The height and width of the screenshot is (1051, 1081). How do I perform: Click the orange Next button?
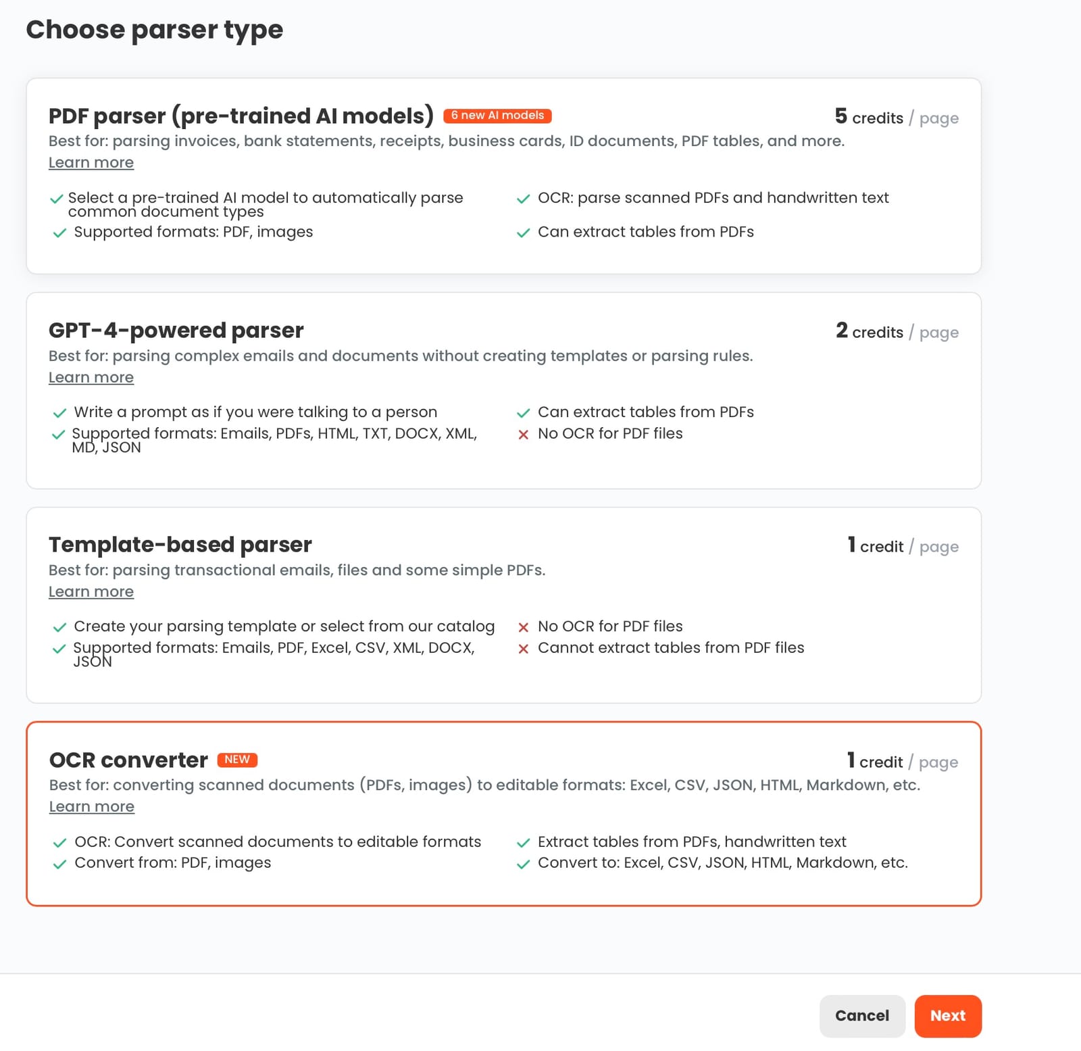(x=947, y=1015)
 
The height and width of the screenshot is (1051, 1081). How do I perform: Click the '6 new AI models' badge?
(x=497, y=116)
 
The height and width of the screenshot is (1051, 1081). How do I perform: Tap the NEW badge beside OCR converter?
(x=237, y=760)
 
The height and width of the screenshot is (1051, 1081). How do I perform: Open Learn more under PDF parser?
(x=91, y=163)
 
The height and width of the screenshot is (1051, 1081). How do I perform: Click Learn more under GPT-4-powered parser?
(x=91, y=377)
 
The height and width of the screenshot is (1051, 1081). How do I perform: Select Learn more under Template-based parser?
(x=91, y=591)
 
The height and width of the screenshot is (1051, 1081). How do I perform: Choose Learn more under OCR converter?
(x=92, y=806)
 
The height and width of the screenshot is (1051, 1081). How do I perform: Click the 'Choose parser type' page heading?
(x=155, y=30)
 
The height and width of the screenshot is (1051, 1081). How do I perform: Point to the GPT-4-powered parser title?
(x=176, y=331)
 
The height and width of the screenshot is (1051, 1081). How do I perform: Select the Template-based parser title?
(x=180, y=545)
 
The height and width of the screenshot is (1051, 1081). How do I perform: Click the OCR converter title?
(x=128, y=760)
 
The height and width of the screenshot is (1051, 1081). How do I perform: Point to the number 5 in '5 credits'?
(x=840, y=116)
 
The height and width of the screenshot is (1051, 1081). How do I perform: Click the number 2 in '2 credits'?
(x=841, y=331)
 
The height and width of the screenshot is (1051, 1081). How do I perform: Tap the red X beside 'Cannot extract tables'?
(x=523, y=649)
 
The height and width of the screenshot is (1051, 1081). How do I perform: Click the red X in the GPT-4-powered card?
(x=523, y=435)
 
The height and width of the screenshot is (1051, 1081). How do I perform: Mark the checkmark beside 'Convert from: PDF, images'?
(x=59, y=864)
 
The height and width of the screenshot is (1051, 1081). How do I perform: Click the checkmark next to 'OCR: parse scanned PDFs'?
(x=523, y=199)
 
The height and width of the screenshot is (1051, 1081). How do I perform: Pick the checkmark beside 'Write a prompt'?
(x=59, y=413)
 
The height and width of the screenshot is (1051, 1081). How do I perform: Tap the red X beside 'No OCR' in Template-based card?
(x=523, y=627)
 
